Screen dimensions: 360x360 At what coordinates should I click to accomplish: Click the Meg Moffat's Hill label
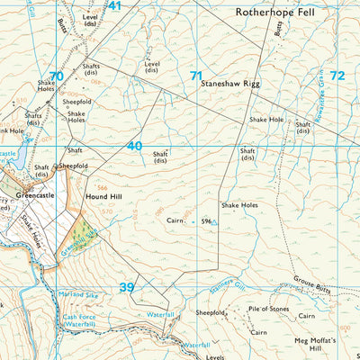pos(313,346)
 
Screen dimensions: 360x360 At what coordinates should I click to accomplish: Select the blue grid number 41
pos(113,6)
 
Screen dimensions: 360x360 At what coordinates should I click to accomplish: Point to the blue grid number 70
pos(57,76)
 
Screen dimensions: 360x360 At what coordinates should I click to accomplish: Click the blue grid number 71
pos(195,76)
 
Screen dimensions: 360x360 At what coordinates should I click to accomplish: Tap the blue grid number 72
pos(337,76)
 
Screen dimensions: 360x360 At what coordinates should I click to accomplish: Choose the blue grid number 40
pos(134,146)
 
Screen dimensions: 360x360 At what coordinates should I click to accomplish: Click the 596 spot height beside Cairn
pos(206,221)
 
